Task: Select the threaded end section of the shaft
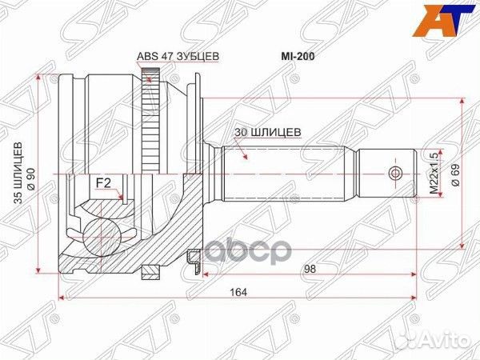(x=385, y=174)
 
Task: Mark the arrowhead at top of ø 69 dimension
(x=461, y=102)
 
